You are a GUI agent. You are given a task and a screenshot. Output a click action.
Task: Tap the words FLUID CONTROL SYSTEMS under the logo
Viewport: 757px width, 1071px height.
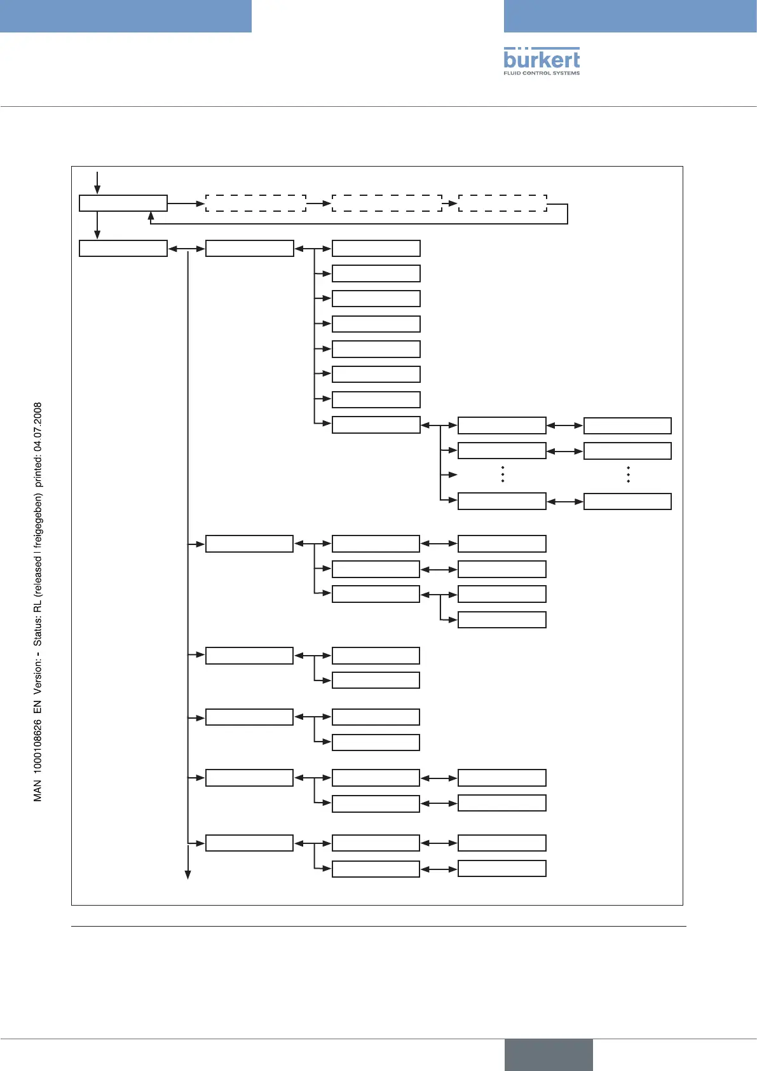(x=542, y=73)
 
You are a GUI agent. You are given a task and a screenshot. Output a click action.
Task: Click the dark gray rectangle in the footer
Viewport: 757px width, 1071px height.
(x=549, y=1054)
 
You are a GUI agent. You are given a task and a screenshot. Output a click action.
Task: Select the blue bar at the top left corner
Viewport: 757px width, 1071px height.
(x=125, y=16)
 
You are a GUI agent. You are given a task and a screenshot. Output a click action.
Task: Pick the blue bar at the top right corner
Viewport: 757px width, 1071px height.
(x=630, y=16)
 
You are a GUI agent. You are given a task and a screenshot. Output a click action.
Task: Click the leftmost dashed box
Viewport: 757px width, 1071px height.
(x=256, y=204)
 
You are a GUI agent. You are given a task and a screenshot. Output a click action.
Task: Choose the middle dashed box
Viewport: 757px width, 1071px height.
(x=386, y=204)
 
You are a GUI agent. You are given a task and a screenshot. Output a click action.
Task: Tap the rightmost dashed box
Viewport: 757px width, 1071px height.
(x=502, y=204)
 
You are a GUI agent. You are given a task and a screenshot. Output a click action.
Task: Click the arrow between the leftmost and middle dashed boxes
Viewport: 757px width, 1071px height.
(x=319, y=204)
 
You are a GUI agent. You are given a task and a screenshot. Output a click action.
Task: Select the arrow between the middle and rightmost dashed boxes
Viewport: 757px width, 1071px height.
(x=450, y=204)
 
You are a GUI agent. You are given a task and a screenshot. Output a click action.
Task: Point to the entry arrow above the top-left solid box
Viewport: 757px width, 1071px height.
(x=97, y=182)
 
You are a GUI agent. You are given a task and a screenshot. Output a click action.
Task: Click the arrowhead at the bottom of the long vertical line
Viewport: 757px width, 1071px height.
(x=188, y=874)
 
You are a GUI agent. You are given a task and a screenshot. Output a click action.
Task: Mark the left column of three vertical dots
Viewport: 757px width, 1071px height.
(x=502, y=474)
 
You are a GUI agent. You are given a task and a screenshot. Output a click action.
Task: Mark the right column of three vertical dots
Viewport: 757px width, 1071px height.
(x=628, y=474)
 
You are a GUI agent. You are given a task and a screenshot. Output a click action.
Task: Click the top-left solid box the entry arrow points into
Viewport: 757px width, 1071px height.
(x=123, y=204)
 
